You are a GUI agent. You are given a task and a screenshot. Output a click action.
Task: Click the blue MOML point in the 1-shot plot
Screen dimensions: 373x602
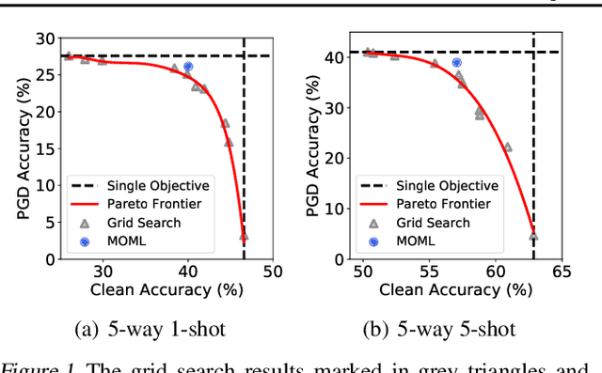pos(188,68)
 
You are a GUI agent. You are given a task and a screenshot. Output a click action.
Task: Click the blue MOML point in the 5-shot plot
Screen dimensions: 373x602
pos(457,63)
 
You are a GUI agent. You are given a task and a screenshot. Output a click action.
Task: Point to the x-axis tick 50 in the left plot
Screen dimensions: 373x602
pos(272,272)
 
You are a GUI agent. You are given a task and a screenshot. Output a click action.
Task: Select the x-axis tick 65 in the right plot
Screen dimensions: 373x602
pos(562,272)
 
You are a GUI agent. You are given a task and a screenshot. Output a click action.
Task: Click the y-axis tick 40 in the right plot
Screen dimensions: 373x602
pos(332,57)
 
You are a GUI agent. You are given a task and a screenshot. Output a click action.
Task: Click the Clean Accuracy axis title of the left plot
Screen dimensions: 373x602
pos(162,290)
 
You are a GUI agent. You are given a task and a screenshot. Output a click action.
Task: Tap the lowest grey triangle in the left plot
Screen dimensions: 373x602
pos(244,239)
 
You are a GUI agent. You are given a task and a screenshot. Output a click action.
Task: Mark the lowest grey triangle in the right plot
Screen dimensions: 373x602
pos(533,237)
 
